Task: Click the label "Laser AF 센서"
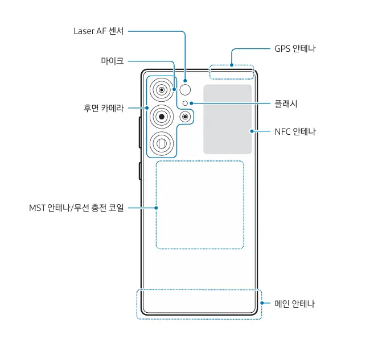point(99,31)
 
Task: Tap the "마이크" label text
point(112,60)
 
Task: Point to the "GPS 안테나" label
point(295,49)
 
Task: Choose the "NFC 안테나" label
point(295,131)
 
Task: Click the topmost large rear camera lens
point(162,90)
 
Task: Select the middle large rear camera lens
point(162,117)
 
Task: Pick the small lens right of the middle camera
point(186,117)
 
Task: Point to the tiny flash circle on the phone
point(186,103)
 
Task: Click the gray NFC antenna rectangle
point(228,119)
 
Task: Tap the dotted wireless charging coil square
point(200,205)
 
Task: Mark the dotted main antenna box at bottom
point(199,304)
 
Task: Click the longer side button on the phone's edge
point(139,132)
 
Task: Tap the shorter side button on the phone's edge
point(139,171)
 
